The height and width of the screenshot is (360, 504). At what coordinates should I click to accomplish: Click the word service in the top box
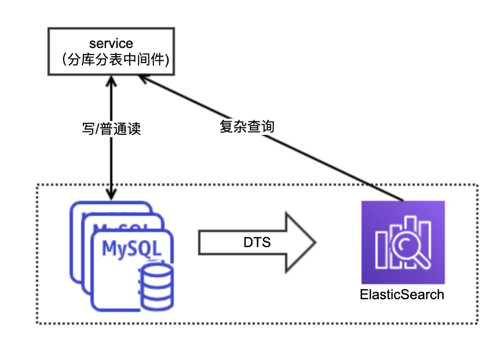111,43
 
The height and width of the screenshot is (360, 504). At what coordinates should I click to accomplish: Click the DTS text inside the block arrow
257,242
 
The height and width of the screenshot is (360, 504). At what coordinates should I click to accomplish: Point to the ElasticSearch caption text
402,294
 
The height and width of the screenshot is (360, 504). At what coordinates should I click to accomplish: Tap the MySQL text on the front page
130,248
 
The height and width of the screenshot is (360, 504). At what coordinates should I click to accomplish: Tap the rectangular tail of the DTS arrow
220,242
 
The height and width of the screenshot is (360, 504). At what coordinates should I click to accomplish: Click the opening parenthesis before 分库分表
64,58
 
